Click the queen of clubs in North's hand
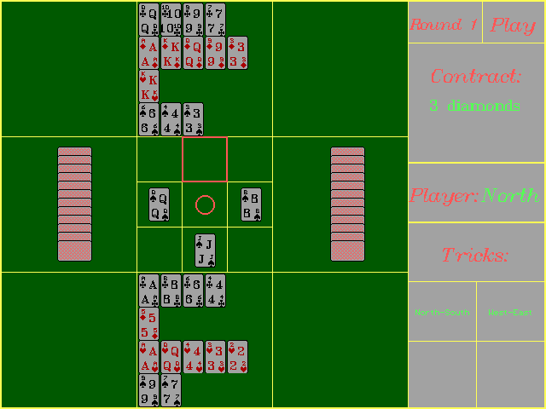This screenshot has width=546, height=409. pyautogui.click(x=148, y=19)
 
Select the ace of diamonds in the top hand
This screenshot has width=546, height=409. pyautogui.click(x=148, y=53)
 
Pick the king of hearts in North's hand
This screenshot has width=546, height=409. pyautogui.click(x=148, y=86)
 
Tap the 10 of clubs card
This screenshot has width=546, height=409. pyautogui.click(x=171, y=19)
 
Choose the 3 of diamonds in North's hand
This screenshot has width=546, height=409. pyautogui.click(x=237, y=53)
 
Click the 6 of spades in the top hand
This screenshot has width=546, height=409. pyautogui.click(x=148, y=119)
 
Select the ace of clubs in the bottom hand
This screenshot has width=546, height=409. pyautogui.click(x=148, y=291)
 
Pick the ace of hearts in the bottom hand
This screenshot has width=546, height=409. pyautogui.click(x=148, y=357)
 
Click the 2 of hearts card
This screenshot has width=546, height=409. pyautogui.click(x=237, y=357)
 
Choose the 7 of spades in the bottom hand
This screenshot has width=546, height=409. pyautogui.click(x=171, y=390)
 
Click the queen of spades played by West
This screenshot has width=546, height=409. pyautogui.click(x=160, y=204)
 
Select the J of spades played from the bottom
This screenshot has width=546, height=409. pyautogui.click(x=205, y=250)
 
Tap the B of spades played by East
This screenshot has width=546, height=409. pyautogui.click(x=251, y=204)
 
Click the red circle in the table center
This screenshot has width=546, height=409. pyautogui.click(x=205, y=204)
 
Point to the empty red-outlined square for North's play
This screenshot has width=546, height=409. pyautogui.click(x=205, y=159)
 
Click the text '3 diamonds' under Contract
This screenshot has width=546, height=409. pyautogui.click(x=474, y=107)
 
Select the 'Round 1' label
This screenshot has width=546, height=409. pyautogui.click(x=444, y=25)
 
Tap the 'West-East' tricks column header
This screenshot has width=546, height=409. pyautogui.click(x=510, y=313)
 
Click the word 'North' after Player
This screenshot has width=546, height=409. pyautogui.click(x=510, y=196)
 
